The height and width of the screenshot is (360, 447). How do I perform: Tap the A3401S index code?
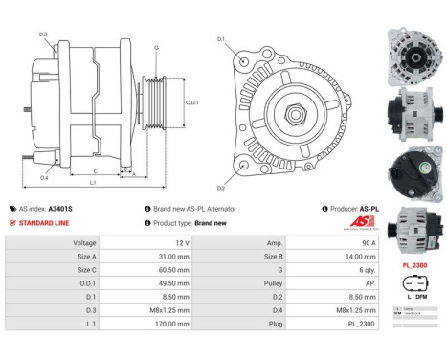60,208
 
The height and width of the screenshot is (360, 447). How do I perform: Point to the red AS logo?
361,222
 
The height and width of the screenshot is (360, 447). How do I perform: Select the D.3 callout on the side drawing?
44,34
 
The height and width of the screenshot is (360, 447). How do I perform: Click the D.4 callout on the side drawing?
44,178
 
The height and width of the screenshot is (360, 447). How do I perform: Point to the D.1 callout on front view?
221,39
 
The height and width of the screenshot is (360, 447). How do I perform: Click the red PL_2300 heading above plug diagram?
414,263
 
